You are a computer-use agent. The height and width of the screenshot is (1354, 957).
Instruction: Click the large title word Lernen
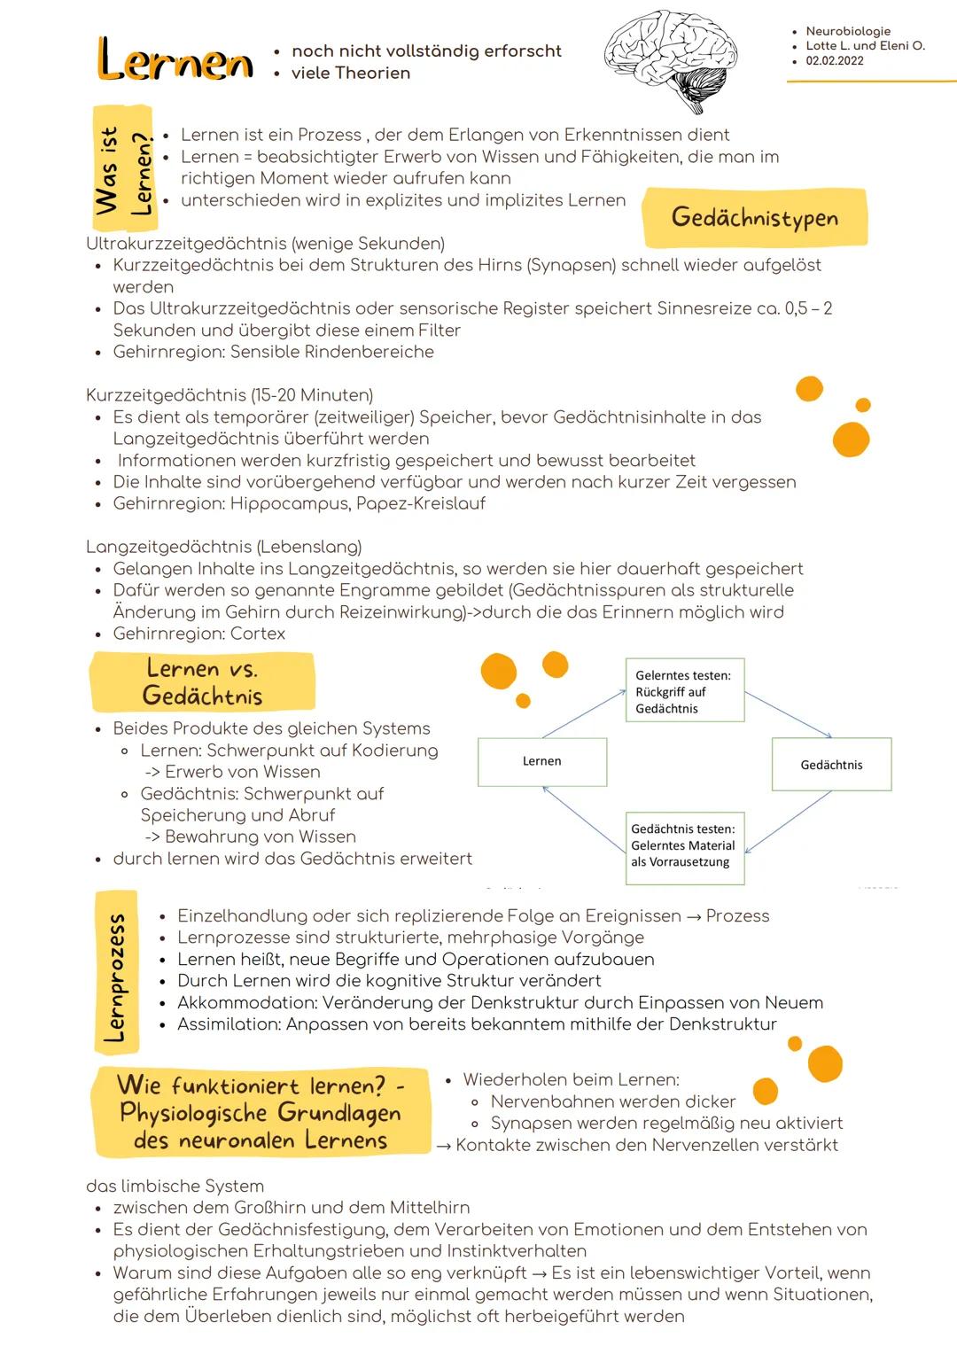[x=175, y=61]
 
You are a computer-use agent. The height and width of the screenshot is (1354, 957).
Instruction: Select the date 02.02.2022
[x=834, y=61]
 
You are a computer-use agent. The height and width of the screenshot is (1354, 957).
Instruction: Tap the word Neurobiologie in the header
[x=848, y=31]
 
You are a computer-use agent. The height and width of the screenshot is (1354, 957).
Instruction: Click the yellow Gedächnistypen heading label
[x=754, y=217]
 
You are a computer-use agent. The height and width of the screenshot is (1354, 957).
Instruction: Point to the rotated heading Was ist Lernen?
[x=123, y=170]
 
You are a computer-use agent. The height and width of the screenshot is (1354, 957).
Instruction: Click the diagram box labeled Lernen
[x=542, y=762]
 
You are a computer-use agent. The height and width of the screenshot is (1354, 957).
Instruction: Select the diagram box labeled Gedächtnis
[x=831, y=765]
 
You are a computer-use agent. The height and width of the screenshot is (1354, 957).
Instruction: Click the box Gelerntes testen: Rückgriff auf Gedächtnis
[x=684, y=692]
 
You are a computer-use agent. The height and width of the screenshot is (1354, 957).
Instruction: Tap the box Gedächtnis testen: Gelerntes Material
[x=683, y=846]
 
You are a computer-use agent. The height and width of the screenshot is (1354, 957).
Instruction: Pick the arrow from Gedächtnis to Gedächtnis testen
[x=789, y=821]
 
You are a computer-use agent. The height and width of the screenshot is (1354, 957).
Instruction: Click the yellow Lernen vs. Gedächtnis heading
[x=203, y=681]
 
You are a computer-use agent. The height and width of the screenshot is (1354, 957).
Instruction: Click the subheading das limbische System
[x=175, y=1186]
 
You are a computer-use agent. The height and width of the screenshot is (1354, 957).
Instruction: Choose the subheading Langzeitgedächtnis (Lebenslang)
[x=223, y=547]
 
